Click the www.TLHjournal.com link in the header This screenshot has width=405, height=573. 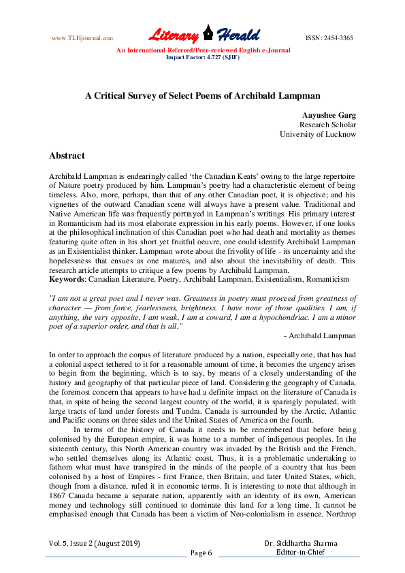coord(82,38)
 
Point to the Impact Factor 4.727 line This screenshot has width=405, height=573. coord(203,57)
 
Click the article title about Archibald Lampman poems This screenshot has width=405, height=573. coord(202,97)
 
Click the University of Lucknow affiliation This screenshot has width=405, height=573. coord(318,134)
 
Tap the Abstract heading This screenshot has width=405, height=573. coord(67,156)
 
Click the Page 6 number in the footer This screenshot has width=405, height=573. coord(201,553)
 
